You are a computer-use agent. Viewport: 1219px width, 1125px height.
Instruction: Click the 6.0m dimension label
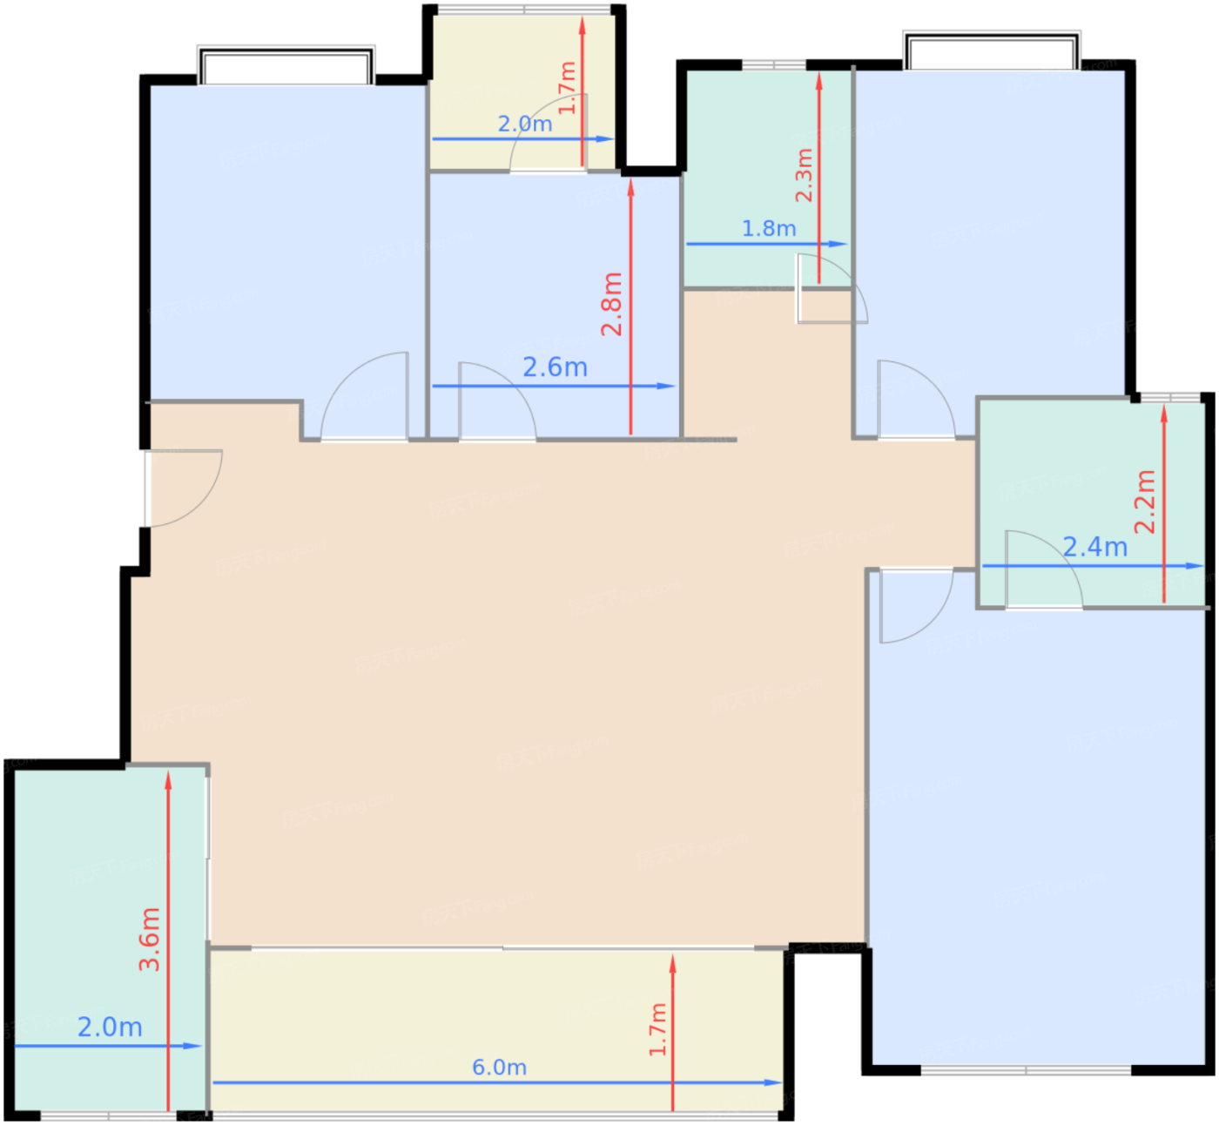coord(499,1067)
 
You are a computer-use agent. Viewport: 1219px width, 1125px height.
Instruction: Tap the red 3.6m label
coord(150,939)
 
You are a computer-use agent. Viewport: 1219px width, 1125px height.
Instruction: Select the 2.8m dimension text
coord(611,304)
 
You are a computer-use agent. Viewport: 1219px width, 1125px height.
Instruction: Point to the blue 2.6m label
coord(555,367)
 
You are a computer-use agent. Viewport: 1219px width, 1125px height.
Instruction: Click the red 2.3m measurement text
coord(804,175)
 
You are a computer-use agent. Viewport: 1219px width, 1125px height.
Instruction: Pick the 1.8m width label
coord(768,228)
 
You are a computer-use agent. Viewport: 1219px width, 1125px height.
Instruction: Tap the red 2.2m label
coord(1145,502)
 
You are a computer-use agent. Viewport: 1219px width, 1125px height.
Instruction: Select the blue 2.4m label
coord(1094,547)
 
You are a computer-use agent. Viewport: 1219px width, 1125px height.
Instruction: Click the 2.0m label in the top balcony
coord(524,124)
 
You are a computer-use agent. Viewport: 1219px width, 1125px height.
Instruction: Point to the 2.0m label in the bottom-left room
coord(110,1027)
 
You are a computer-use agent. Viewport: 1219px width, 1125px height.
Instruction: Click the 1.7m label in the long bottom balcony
coord(657,1028)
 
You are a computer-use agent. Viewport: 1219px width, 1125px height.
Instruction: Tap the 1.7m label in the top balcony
coord(567,88)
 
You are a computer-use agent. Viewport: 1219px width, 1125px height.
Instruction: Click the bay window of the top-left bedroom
coord(286,66)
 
